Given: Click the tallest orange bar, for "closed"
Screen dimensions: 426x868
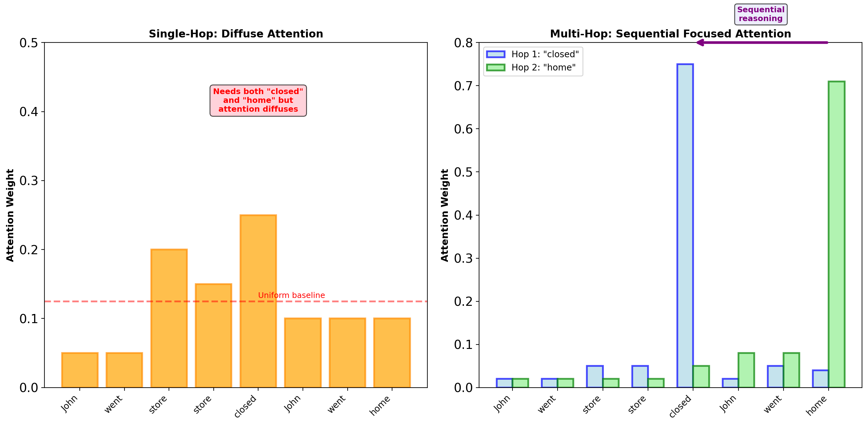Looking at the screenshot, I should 258,301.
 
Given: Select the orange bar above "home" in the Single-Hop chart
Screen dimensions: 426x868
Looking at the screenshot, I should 392,353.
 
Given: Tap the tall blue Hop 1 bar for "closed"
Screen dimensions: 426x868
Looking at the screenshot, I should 685,226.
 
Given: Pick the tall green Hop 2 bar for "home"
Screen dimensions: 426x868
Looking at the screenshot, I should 836,234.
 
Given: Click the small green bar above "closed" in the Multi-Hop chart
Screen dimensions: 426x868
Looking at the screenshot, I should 701,377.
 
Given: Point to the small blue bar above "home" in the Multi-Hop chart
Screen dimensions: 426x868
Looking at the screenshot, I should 820,379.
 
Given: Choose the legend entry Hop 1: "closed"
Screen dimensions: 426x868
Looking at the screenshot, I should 533,54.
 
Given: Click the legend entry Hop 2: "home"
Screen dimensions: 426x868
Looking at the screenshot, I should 531,68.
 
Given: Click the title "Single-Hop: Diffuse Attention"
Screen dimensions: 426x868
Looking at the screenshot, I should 236,34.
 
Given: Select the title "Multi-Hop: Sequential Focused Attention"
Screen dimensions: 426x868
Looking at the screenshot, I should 670,34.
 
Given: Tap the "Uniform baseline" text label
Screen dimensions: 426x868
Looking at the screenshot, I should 292,295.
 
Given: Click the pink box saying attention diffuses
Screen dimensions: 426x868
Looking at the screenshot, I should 258,100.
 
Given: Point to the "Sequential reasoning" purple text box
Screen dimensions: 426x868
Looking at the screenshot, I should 761,14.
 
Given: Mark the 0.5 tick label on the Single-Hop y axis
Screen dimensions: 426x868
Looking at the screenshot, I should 29,43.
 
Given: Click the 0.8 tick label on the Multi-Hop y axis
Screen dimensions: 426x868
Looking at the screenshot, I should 463,43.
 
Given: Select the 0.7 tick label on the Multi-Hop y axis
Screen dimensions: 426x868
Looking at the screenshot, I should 463,86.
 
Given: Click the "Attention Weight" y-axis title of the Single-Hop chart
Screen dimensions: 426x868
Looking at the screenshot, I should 10,215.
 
